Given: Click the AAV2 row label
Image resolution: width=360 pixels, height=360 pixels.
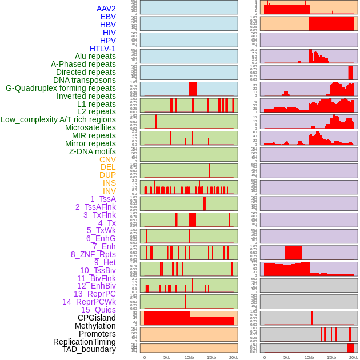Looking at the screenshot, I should coord(106,9).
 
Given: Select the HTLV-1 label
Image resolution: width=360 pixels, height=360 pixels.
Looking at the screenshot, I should coord(103,49).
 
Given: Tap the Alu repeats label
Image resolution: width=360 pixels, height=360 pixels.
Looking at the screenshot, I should coord(95,56).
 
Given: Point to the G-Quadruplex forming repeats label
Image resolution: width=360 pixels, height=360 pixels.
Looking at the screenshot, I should coord(61,88).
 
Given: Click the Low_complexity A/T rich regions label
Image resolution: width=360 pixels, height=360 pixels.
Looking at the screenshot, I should coord(58,119).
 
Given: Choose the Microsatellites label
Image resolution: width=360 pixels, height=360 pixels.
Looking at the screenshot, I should coord(90,127).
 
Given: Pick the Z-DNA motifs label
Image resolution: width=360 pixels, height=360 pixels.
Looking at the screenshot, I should coord(93,151).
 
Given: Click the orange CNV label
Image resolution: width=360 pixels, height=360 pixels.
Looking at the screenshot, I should coord(107,159).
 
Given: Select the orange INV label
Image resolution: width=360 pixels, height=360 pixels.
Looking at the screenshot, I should coord(109,191).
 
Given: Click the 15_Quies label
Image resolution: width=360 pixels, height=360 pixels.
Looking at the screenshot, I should coord(98,310).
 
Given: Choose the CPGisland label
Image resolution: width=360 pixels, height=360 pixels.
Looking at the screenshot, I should coord(97,318).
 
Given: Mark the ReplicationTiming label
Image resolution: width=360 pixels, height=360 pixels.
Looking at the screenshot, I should coord(84,342).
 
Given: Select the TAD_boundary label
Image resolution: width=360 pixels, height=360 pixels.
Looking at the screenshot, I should coord(89,349).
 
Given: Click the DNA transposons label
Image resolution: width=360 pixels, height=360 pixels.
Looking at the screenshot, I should coord(85,80).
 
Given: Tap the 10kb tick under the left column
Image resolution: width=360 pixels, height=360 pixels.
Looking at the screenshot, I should coord(189,357).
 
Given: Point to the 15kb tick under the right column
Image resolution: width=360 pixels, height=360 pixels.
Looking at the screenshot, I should coord(331,357).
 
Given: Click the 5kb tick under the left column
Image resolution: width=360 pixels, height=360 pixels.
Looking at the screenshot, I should coord(167,357).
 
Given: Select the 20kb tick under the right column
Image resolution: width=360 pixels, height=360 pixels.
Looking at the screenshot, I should coord(354,357).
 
